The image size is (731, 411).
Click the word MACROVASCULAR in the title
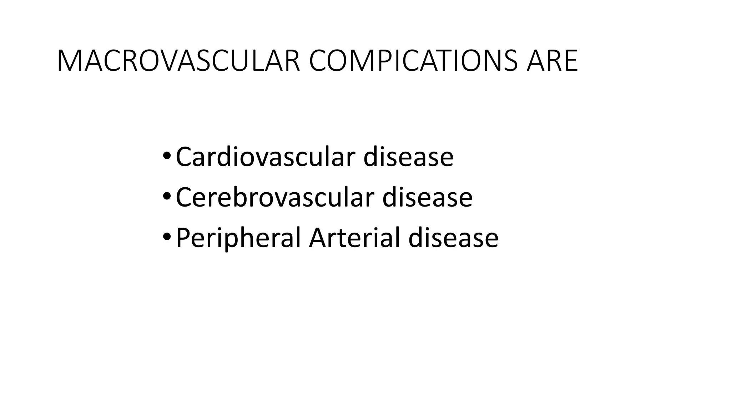pyautogui.click(x=178, y=61)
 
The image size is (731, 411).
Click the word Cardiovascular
pyautogui.click(x=265, y=157)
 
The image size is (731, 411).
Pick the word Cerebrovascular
pyautogui.click(x=275, y=197)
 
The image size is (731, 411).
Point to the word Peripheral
pyautogui.click(x=238, y=238)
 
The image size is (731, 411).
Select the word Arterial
pyautogui.click(x=354, y=238)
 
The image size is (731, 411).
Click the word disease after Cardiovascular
pyautogui.click(x=408, y=157)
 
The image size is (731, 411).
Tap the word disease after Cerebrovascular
pyautogui.click(x=427, y=197)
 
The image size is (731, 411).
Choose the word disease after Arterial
pyautogui.click(x=453, y=238)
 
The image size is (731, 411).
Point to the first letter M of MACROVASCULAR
pyautogui.click(x=67, y=61)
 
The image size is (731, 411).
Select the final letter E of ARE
pyautogui.click(x=570, y=61)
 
